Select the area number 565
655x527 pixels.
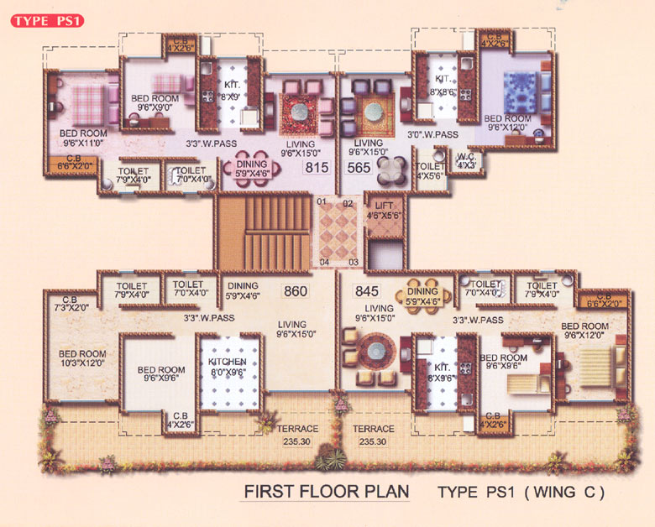pos(359,168)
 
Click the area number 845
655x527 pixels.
pos(367,292)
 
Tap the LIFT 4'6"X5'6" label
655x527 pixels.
pos(384,210)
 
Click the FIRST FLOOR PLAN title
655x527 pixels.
pos(326,490)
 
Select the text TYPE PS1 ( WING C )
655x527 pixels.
pos(521,491)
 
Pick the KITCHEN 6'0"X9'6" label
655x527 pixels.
pos(227,368)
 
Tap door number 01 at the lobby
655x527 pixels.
pos(321,202)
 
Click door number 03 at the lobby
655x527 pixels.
pos(354,263)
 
